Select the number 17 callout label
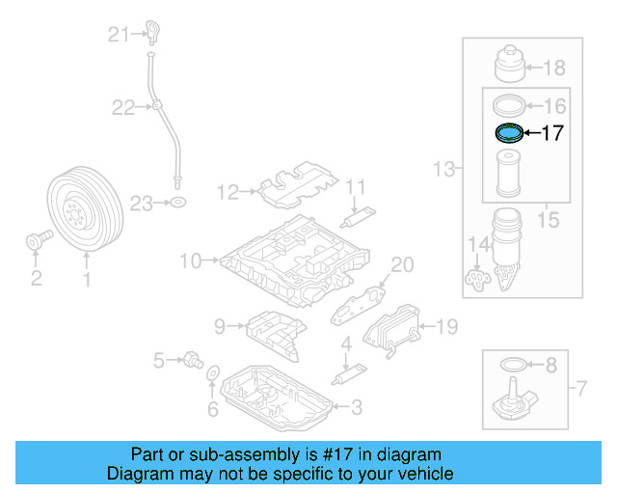click(x=551, y=134)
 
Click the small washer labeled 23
click(x=178, y=203)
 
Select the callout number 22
click(x=122, y=108)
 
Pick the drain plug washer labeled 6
click(x=213, y=374)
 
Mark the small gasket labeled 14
click(x=476, y=280)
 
